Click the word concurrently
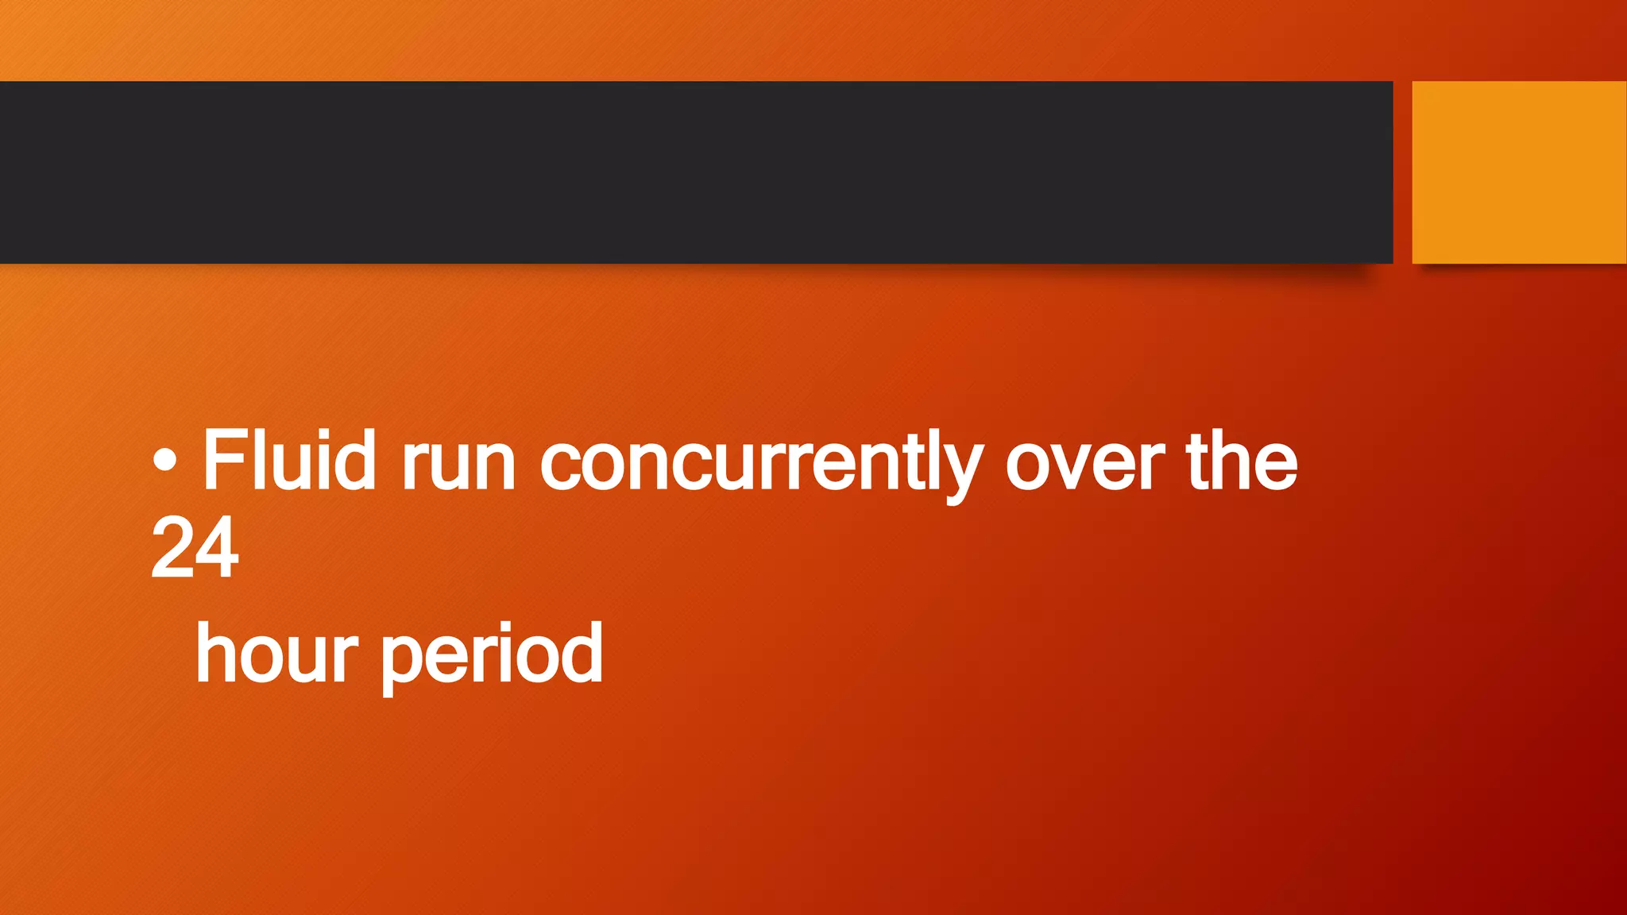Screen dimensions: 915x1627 point(761,465)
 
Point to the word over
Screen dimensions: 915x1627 point(1085,465)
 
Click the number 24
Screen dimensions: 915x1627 point(195,547)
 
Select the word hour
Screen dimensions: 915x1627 point(276,654)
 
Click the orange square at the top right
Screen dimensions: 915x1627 point(1519,172)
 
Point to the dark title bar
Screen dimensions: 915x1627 point(696,172)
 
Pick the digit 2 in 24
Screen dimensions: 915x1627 point(172,547)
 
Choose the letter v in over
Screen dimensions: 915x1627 point(1077,465)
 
